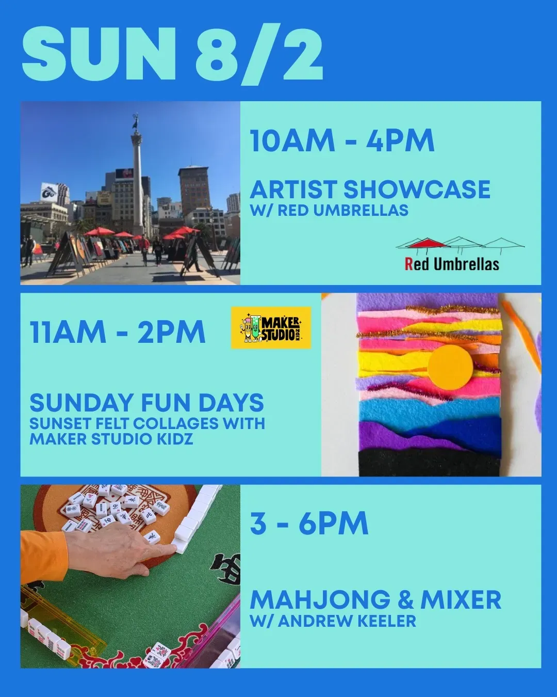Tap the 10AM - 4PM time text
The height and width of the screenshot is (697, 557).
pyautogui.click(x=342, y=140)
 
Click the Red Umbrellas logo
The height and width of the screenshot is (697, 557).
pyautogui.click(x=460, y=254)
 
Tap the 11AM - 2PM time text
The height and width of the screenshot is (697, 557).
pyautogui.click(x=118, y=332)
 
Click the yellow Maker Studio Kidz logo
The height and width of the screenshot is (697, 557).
pyautogui.click(x=271, y=327)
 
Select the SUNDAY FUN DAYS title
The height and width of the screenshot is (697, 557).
pyautogui.click(x=146, y=403)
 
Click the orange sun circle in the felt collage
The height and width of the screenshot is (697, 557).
pyautogui.click(x=450, y=367)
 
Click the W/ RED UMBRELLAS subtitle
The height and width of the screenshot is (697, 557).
pyautogui.click(x=329, y=210)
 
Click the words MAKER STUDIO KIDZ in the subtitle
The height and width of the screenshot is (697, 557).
pyautogui.click(x=111, y=439)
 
